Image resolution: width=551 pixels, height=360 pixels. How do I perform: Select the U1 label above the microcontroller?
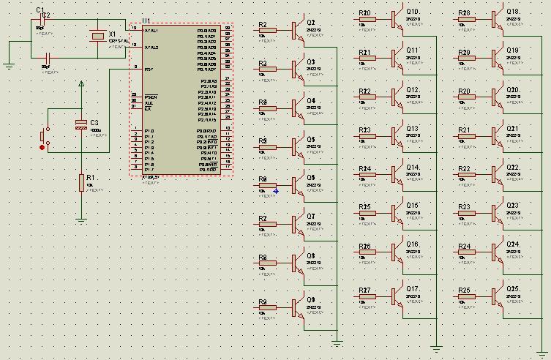click(x=146, y=21)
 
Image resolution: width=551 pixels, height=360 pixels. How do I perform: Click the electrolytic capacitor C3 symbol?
click(x=81, y=124)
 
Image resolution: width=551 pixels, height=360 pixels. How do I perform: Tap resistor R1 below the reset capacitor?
click(x=81, y=183)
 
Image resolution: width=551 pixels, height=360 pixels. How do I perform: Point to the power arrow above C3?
click(x=81, y=86)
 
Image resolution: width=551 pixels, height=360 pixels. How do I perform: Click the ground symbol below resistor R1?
click(x=81, y=218)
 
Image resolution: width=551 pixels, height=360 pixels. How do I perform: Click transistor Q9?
click(x=296, y=307)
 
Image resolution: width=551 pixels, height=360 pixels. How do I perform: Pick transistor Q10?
click(x=396, y=19)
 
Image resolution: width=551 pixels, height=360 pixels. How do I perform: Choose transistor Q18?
click(x=495, y=19)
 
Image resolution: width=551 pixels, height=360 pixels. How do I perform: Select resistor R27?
click(x=367, y=296)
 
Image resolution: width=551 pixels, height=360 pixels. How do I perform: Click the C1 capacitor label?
click(x=40, y=10)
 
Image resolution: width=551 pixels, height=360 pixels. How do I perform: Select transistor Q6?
click(x=296, y=185)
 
